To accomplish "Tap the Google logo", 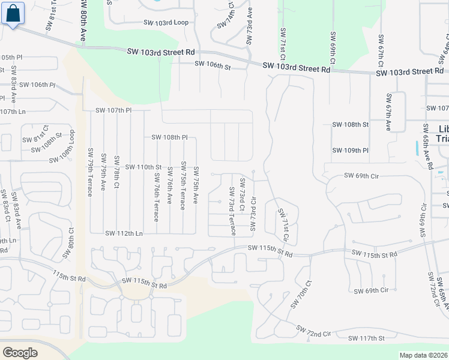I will point(20,352).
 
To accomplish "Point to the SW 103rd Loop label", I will point(166,23).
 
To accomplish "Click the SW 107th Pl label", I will point(113,110).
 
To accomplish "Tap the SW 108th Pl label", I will point(169,137).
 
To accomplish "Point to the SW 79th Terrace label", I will point(91,172).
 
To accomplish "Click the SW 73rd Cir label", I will point(253,214).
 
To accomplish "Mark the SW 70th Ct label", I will point(301,294).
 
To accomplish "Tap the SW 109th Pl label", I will point(350,151).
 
